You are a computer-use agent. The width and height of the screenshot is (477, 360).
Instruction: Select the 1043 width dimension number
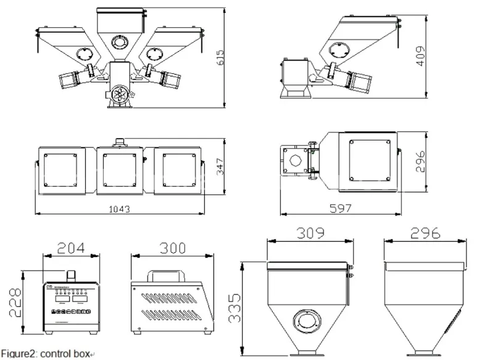(120, 210)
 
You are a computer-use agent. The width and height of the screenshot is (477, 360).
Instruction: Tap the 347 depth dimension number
(220, 167)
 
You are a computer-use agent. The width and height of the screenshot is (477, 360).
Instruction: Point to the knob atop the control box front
(72, 275)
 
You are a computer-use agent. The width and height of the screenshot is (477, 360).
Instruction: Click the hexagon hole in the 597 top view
(294, 162)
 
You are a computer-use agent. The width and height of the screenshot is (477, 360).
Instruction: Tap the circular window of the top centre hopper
(118, 42)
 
